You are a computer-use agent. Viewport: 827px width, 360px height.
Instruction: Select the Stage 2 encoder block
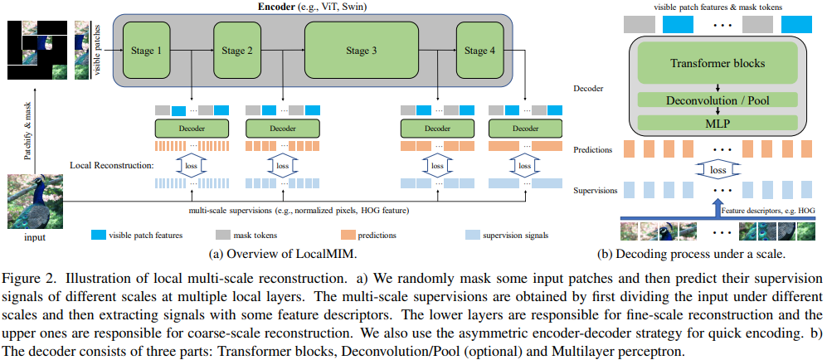coord(237,51)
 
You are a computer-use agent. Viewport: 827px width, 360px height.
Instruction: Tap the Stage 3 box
coord(362,51)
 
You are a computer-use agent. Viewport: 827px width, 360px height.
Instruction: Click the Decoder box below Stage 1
coord(192,129)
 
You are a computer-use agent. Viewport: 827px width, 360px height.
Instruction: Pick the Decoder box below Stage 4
coord(524,129)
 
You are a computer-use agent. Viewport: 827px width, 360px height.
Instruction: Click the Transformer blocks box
coord(718,63)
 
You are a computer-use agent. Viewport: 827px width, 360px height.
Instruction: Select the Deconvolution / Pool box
coord(718,100)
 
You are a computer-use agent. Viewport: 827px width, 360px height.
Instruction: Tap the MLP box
coord(718,122)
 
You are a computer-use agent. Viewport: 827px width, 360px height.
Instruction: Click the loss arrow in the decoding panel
coord(718,170)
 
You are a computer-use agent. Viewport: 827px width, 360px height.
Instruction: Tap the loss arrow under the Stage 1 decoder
coord(192,165)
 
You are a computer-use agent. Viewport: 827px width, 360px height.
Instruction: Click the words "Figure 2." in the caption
coord(27,275)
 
